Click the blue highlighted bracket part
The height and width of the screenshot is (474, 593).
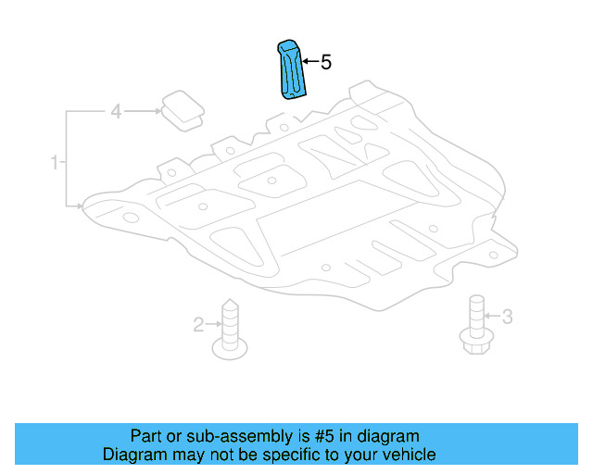point(294,69)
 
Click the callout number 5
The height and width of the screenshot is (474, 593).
point(325,63)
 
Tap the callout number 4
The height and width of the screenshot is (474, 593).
point(116,112)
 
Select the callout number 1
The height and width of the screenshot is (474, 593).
point(55,163)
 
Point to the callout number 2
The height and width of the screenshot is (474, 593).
point(198,324)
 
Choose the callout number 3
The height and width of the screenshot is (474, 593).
point(506,317)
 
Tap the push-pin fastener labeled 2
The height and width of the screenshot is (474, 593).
point(229,331)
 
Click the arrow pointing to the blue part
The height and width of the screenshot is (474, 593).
point(310,63)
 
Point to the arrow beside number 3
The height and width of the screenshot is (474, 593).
point(492,317)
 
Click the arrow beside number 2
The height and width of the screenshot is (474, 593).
point(212,324)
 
